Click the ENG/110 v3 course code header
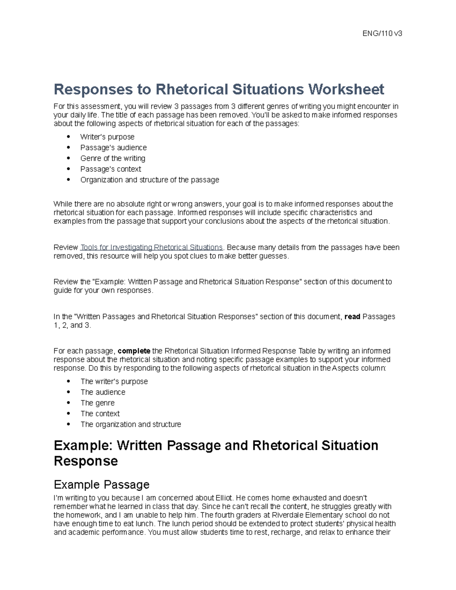click(382, 33)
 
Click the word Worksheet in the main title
click(346, 90)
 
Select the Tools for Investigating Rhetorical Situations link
click(152, 248)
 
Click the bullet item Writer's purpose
click(107, 137)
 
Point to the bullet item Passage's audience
click(113, 147)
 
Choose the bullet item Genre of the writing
click(112, 158)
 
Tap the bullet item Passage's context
click(111, 169)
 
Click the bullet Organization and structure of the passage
click(150, 180)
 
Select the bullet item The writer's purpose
click(114, 381)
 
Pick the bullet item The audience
click(103, 392)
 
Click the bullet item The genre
click(97, 403)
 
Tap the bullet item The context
click(100, 414)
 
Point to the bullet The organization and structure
click(131, 424)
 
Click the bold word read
click(352, 317)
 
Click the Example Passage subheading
click(101, 485)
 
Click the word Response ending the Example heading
click(86, 461)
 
